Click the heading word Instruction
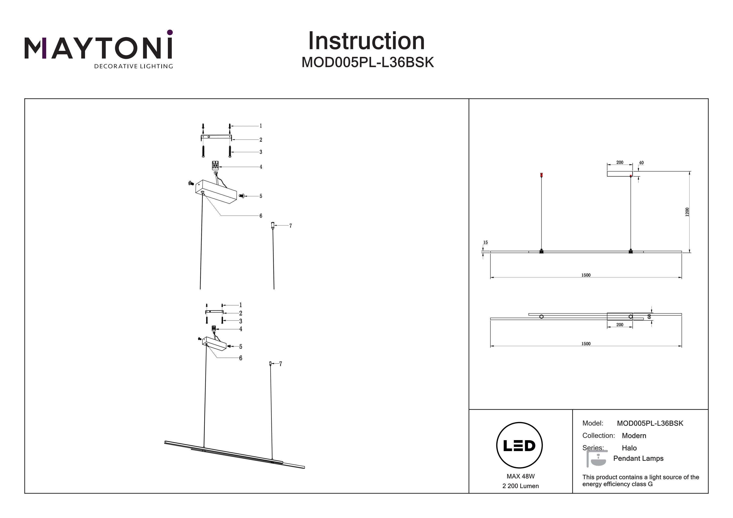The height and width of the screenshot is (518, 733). click(x=366, y=41)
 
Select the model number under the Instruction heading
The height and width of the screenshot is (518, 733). click(x=367, y=63)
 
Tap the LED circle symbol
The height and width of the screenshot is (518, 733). click(x=519, y=445)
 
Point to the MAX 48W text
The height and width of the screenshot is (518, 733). click(x=520, y=476)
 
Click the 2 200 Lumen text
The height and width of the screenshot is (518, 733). click(x=520, y=486)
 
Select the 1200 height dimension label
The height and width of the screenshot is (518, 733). click(x=687, y=212)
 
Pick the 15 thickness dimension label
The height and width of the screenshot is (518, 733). click(x=485, y=243)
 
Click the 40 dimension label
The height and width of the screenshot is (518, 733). click(x=641, y=163)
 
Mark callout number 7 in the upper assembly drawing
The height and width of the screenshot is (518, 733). click(x=291, y=226)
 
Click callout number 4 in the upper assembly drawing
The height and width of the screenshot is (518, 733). click(x=261, y=167)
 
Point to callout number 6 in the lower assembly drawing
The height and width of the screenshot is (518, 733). click(x=241, y=358)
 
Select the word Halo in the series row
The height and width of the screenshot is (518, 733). click(x=629, y=448)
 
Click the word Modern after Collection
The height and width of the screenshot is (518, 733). click(x=634, y=436)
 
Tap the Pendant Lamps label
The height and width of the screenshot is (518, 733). click(x=638, y=458)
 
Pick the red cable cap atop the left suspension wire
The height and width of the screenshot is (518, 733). click(x=541, y=175)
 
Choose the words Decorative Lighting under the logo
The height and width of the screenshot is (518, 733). click(x=133, y=66)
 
